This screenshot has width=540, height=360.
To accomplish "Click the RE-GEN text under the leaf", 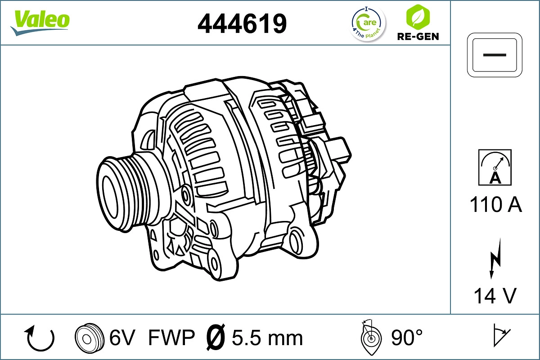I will coord(418,36).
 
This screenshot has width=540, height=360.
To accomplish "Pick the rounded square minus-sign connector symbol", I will coord(495,54).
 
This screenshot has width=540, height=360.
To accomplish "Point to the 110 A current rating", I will coord(495,205).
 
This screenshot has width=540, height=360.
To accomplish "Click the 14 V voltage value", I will coord(495,296).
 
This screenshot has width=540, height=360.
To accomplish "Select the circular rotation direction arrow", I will coord(40,338).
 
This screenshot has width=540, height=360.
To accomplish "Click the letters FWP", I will coord(171,338).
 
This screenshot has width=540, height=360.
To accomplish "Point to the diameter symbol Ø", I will coord(216,337).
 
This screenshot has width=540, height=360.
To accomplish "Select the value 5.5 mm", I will coord(267,338).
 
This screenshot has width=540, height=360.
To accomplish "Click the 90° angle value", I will coord(407,338).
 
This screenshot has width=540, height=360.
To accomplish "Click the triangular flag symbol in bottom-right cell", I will coord(501,335).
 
